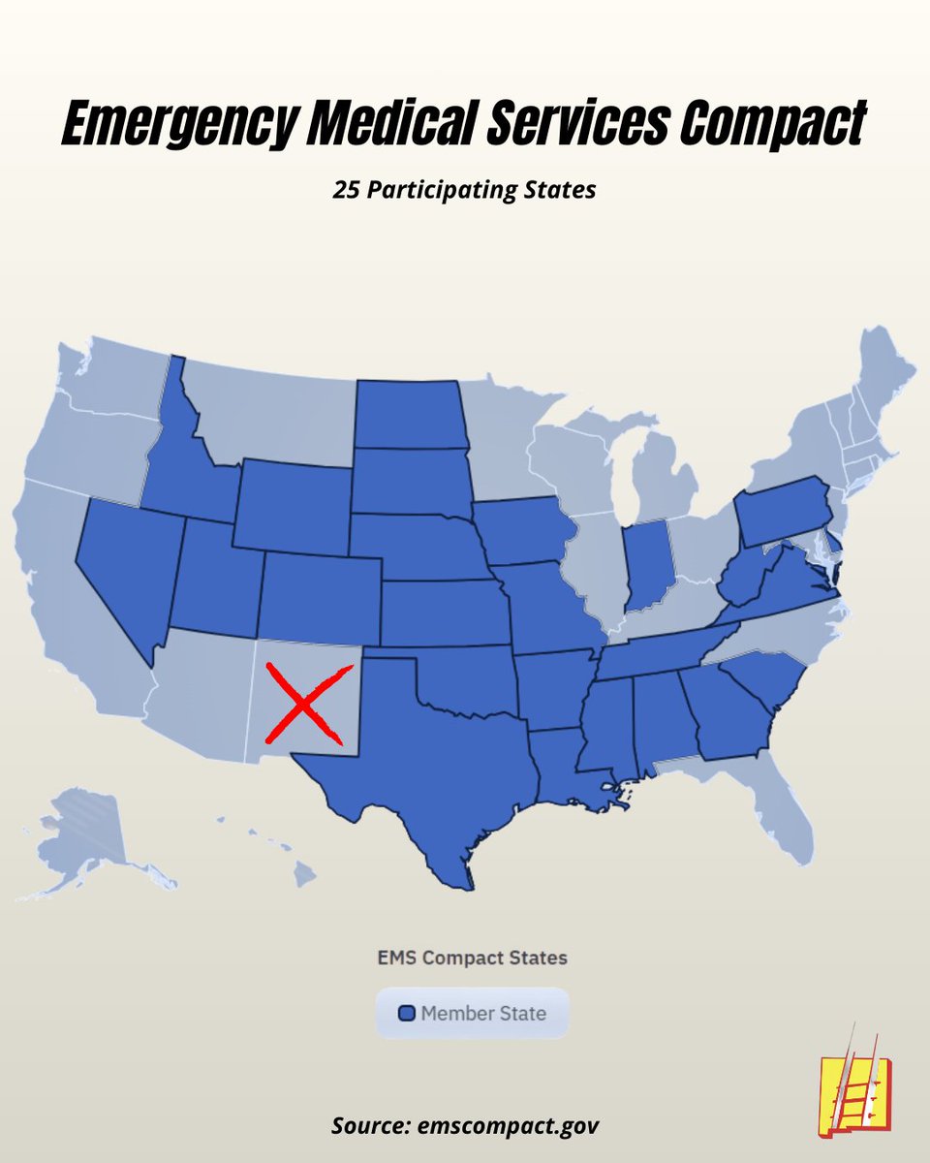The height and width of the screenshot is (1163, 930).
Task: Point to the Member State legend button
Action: [x=473, y=1014]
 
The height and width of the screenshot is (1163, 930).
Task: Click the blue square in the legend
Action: [x=407, y=1014]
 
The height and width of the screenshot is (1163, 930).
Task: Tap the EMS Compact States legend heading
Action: [x=472, y=958]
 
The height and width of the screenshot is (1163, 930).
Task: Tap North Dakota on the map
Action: [x=409, y=414]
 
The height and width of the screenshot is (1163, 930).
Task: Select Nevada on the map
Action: [x=131, y=572]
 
